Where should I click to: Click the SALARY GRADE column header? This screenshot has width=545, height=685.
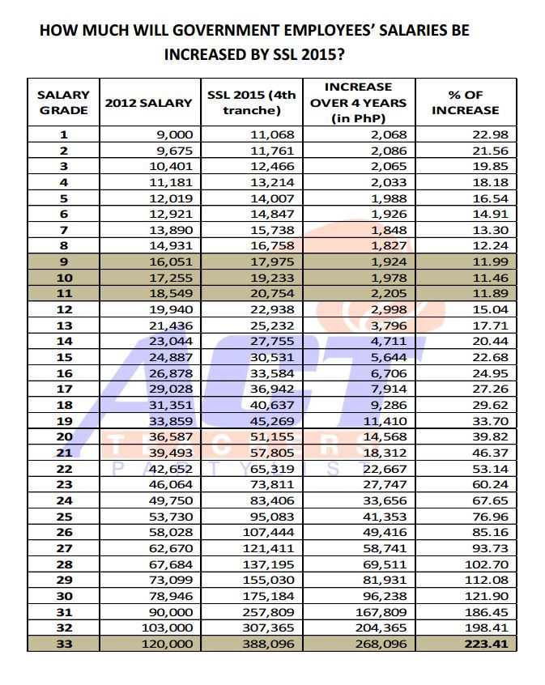pos(63,102)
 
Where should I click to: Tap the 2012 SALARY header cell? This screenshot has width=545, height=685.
pos(149,103)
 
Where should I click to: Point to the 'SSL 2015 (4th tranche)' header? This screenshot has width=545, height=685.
pos(252,102)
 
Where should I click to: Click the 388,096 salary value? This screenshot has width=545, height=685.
pos(272,644)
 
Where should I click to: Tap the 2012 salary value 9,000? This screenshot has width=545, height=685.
pos(174,135)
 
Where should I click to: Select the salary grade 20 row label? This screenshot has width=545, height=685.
pos(63,437)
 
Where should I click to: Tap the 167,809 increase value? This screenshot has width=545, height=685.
pos(381,612)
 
